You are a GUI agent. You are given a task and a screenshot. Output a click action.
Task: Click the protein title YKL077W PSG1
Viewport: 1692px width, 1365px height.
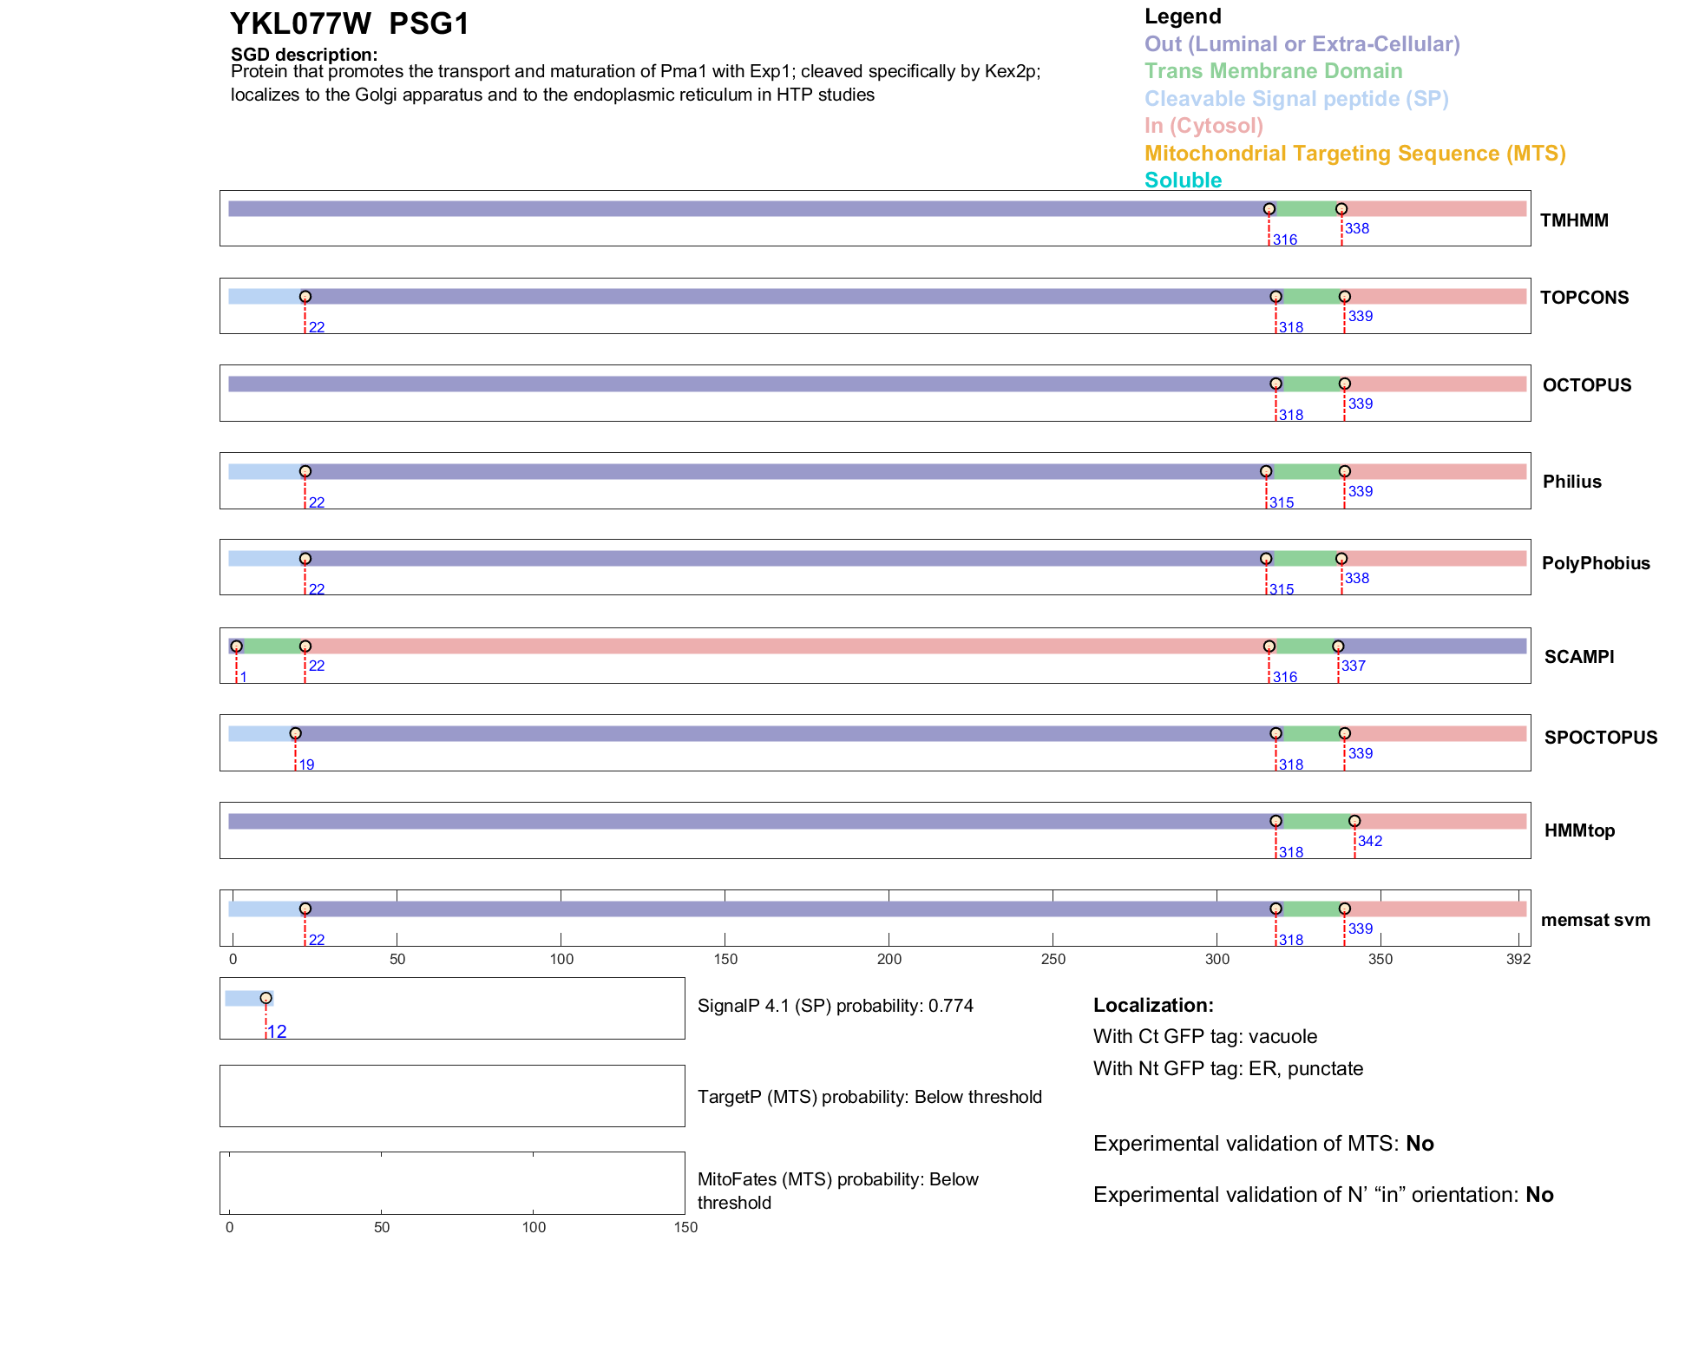[x=349, y=24]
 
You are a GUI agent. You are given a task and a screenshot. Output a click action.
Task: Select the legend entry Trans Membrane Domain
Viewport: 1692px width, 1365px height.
[x=1273, y=71]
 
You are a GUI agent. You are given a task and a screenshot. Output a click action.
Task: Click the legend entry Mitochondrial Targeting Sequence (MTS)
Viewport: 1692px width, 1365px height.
[x=1354, y=154]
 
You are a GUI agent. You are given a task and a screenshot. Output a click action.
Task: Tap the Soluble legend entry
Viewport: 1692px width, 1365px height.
[x=1183, y=180]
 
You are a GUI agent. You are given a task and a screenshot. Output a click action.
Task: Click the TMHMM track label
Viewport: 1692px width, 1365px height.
[x=1574, y=220]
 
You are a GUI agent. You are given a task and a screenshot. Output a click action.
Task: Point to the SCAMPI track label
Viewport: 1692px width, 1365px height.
[x=1578, y=657]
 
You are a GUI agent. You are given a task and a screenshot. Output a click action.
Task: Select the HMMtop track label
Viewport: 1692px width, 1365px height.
[x=1579, y=830]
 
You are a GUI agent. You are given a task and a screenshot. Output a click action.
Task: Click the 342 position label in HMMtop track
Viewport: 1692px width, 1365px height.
[x=1369, y=841]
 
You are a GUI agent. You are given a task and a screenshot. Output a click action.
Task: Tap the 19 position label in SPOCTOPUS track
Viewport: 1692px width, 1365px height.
[x=306, y=765]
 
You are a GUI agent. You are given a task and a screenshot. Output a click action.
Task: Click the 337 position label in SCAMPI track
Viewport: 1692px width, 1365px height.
[x=1353, y=666]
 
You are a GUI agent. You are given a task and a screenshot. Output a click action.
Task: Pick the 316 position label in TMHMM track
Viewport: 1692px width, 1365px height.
[x=1284, y=240]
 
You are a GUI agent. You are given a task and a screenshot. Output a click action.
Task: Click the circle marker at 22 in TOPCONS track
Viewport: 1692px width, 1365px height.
[x=305, y=297]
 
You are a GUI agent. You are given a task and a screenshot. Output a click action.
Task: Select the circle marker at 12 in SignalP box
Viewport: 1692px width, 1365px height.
[x=266, y=998]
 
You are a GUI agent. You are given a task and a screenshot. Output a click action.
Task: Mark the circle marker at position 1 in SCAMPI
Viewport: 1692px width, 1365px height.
[x=236, y=646]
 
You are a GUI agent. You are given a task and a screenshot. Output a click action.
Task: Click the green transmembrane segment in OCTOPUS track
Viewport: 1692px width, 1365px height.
[x=1309, y=384]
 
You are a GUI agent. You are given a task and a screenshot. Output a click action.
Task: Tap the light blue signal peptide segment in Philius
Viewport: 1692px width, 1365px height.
[x=265, y=471]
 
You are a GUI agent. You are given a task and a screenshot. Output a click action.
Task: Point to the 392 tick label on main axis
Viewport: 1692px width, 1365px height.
[x=1518, y=959]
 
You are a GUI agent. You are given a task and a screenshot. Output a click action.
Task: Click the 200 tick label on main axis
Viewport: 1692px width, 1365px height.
[x=889, y=959]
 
